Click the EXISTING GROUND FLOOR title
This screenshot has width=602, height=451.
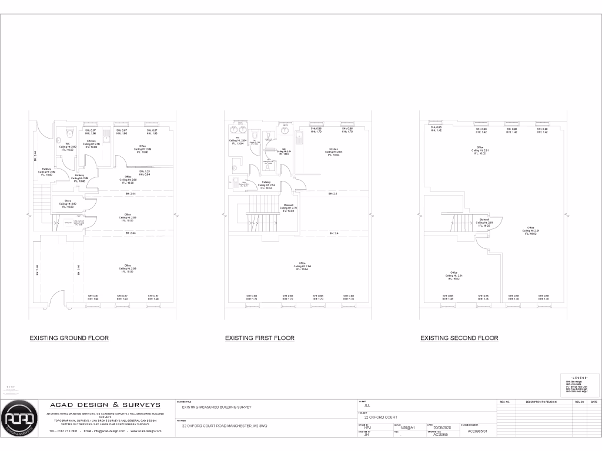point(69,338)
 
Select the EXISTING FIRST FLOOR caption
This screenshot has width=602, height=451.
point(260,338)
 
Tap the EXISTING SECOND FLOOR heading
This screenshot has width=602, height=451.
point(459,338)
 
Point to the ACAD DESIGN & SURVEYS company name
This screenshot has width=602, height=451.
point(105,405)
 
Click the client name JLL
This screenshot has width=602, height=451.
point(367,406)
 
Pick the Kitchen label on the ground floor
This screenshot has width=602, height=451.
point(92,143)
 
